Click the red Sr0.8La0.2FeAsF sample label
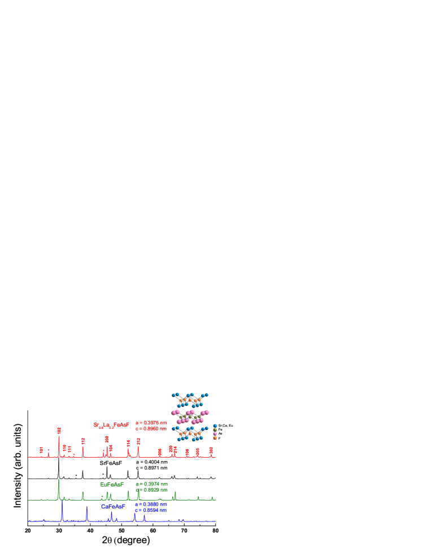pos(111,425)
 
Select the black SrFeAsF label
pos(111,463)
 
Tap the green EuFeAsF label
pos(111,484)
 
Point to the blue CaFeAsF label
pos(113,506)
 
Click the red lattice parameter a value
pos(151,422)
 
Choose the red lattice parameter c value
pos(151,428)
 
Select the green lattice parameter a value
pos(151,484)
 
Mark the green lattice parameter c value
pos(151,490)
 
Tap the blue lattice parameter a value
pos(151,504)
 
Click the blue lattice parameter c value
pos(151,510)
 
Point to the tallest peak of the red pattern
pos(59,437)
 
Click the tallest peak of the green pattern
pos(59,480)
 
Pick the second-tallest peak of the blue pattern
pos(87,508)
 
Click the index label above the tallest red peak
pos(59,430)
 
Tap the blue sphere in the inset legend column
pos(215,426)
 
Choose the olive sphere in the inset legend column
pos(215,429)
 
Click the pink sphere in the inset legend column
pos(215,433)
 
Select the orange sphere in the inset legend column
pos(215,438)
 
